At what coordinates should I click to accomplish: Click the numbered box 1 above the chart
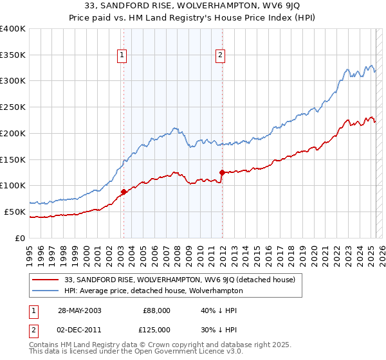tap(122, 56)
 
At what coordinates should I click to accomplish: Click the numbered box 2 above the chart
tap(220, 56)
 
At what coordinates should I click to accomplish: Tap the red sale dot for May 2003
tap(124, 192)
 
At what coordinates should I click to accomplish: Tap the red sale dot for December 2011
tap(222, 172)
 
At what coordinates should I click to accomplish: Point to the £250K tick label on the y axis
tap(13, 107)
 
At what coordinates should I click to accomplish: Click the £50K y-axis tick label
tap(15, 212)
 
